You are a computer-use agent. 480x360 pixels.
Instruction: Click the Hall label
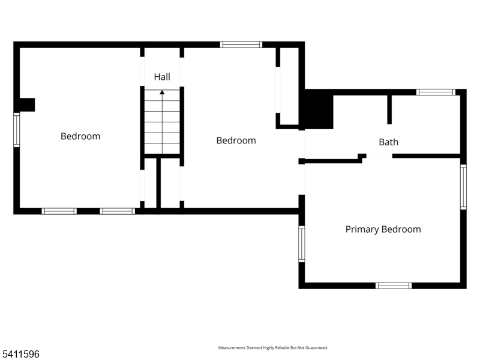[162, 77]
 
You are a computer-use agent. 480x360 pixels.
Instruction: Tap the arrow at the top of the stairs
[162, 92]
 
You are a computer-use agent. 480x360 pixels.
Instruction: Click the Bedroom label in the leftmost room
[80, 136]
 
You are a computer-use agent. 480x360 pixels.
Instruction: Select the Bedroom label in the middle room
[236, 140]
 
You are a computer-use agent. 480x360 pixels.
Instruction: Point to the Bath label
[388, 142]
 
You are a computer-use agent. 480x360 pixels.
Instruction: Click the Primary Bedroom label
[383, 229]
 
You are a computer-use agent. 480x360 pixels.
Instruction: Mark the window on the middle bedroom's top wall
[241, 44]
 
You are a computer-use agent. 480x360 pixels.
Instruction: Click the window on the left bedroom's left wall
[17, 130]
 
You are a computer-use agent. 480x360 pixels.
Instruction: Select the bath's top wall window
[436, 92]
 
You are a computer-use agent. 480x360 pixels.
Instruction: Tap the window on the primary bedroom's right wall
[463, 187]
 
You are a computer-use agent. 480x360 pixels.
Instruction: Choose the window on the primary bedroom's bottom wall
[394, 286]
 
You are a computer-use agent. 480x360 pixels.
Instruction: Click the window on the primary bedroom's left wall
[302, 244]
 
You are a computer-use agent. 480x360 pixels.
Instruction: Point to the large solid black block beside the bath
[318, 110]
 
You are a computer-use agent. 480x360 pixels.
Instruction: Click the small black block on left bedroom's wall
[26, 105]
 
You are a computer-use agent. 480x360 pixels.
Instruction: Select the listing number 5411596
[20, 355]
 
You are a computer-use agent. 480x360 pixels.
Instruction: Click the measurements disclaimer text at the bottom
[272, 348]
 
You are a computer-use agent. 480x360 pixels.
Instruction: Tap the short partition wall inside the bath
[389, 109]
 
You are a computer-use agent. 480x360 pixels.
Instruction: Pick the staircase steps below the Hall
[162, 123]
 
